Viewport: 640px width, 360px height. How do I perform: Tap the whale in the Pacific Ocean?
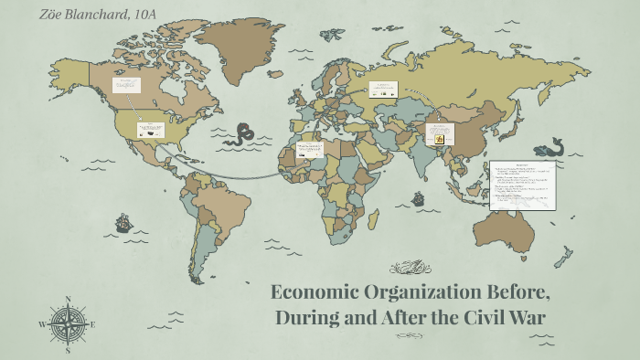(x=549, y=146)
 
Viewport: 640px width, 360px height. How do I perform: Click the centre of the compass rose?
(x=68, y=323)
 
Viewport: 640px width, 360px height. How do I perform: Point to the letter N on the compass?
(x=68, y=299)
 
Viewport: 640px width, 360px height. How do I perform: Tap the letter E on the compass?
(x=92, y=323)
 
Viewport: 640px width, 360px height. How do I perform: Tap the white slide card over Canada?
(x=125, y=85)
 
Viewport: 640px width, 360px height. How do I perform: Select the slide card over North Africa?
(x=309, y=148)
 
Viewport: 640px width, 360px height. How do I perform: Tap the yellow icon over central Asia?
(x=439, y=139)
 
